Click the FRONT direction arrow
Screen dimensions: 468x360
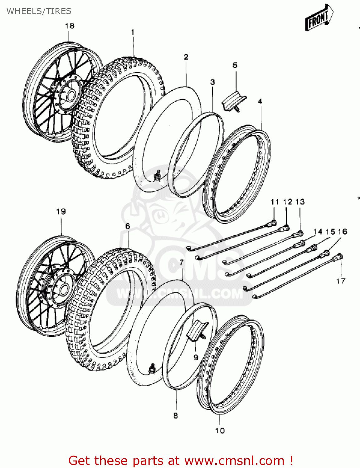point(319,17)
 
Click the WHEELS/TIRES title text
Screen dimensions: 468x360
point(39,11)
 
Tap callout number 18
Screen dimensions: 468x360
point(70,26)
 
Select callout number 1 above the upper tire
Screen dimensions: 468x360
point(133,32)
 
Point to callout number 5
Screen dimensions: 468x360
point(235,65)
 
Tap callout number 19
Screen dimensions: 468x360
point(61,212)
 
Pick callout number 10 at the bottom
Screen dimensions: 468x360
point(220,431)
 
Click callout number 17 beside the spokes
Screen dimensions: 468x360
point(341,281)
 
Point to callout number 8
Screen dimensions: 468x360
point(176,416)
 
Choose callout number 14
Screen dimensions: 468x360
point(318,232)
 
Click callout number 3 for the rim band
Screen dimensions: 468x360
point(212,82)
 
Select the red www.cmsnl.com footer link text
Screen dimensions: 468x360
point(234,461)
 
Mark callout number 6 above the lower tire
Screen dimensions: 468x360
point(128,226)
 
